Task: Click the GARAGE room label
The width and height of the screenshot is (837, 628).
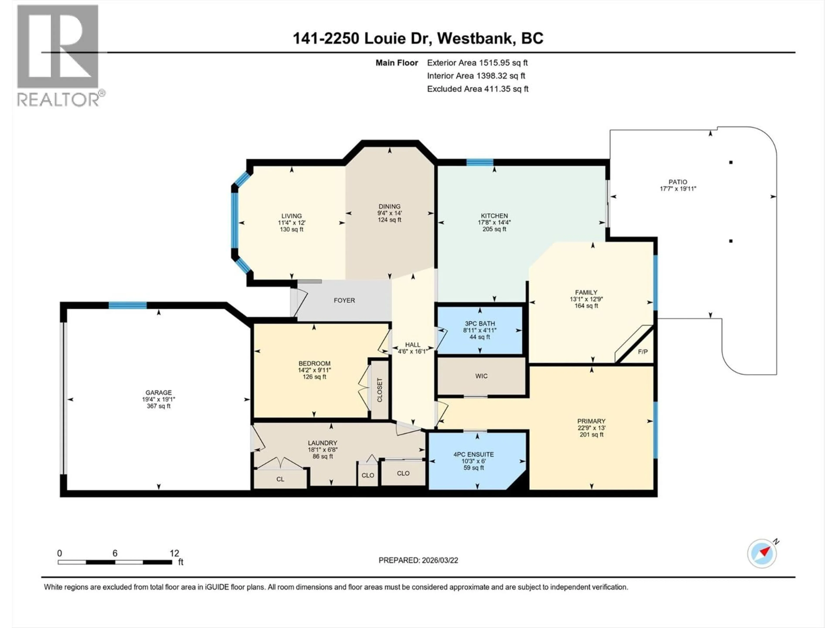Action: [158, 392]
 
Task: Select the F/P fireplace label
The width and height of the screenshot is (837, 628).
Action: [643, 352]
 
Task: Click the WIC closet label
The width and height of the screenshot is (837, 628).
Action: [481, 376]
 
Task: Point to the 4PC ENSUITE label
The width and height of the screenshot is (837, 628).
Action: [473, 454]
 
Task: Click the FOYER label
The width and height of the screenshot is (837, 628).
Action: [344, 300]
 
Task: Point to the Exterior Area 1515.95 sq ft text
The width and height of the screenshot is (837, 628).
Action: [477, 63]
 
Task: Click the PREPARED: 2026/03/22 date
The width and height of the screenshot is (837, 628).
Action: [418, 560]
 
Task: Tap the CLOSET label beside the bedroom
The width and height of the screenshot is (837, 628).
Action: [379, 390]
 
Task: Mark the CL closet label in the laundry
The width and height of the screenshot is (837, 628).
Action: [280, 479]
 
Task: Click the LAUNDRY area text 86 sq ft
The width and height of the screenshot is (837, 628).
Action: [322, 457]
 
